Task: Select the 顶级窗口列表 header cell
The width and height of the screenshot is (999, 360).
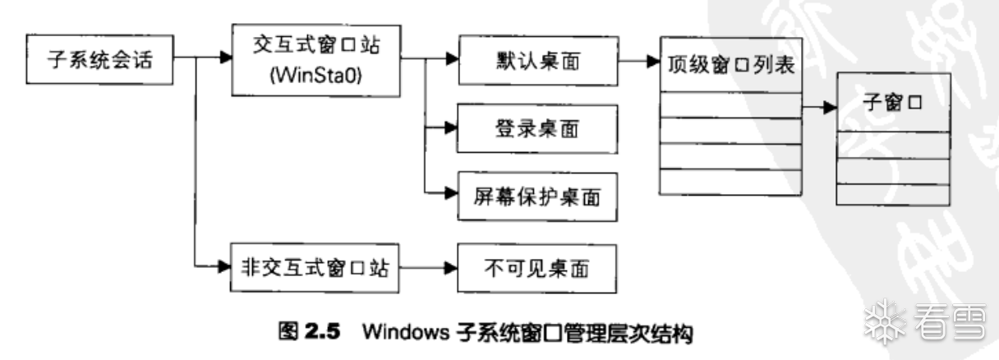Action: [x=729, y=68]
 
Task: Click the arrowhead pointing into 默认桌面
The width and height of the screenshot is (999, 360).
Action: [x=450, y=60]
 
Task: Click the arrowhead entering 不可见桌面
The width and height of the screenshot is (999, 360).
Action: [x=450, y=268]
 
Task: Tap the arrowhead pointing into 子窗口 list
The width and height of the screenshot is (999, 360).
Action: [x=831, y=107]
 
